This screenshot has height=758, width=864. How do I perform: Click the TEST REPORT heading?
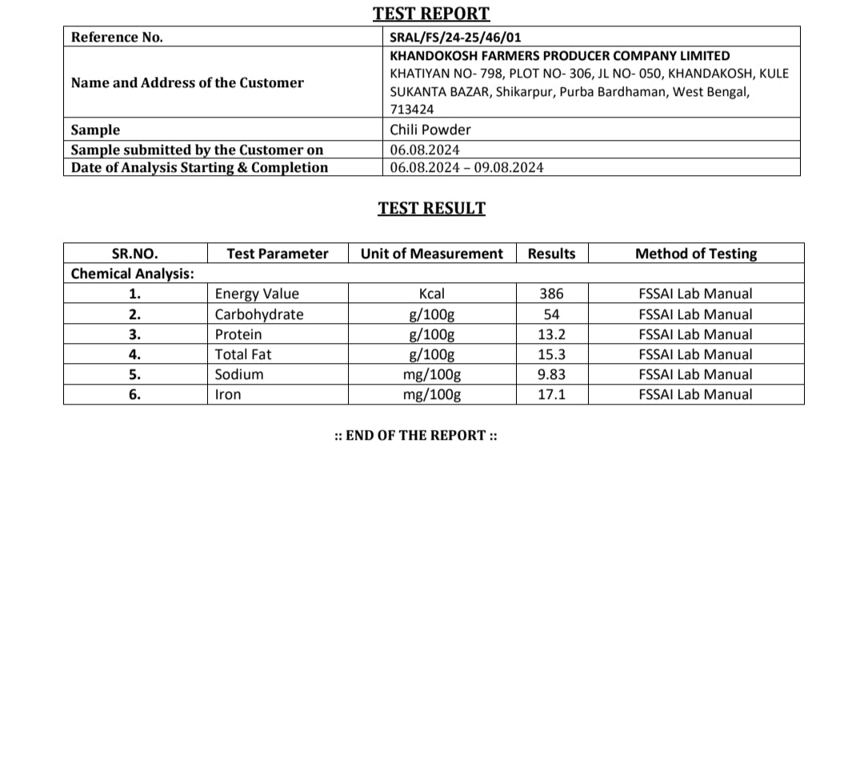tap(431, 14)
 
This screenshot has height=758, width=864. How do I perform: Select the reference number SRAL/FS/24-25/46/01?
tap(456, 37)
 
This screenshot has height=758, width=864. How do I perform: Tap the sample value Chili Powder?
tap(430, 130)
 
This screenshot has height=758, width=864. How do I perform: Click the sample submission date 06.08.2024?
tap(425, 150)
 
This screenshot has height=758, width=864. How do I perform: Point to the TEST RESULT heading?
tap(431, 209)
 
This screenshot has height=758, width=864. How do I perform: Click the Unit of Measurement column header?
tap(432, 253)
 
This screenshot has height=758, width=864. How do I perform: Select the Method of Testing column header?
tap(695, 253)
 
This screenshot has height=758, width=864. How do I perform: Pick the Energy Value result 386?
tap(551, 294)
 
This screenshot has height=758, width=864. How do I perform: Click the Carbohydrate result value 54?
tap(551, 314)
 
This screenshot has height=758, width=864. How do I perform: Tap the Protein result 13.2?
tap(551, 334)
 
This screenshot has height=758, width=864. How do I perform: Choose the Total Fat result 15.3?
tap(551, 354)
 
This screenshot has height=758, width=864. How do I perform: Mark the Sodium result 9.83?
tap(551, 374)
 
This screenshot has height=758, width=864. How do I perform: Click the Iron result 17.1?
tap(551, 394)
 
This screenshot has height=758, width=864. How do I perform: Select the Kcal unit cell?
tap(432, 294)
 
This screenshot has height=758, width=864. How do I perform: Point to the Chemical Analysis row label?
tap(133, 273)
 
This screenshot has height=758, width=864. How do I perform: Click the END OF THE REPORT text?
tap(416, 435)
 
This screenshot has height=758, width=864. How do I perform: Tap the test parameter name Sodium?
tap(239, 374)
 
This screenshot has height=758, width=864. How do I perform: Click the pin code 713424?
tap(412, 110)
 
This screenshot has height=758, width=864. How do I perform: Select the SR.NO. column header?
tap(134, 253)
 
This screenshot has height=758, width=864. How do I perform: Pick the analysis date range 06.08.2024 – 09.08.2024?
tap(466, 167)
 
